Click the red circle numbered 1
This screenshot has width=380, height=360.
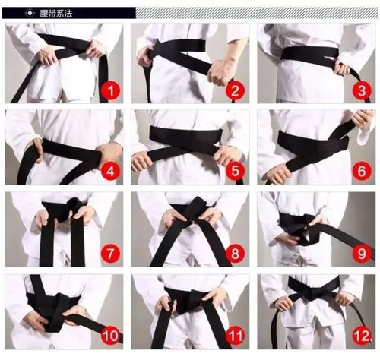click(110, 90)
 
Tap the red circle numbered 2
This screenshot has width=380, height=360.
click(235, 90)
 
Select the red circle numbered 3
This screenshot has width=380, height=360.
click(362, 90)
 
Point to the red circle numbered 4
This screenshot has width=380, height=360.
click(110, 172)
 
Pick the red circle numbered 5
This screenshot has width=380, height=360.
click(235, 171)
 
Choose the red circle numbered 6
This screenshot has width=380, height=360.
click(362, 171)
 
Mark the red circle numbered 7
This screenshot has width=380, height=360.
click(110, 253)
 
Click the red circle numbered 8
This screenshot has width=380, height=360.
click(235, 253)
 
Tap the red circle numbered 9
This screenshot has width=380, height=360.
click(362, 253)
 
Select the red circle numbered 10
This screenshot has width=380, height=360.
click(110, 336)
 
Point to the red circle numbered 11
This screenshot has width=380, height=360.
click(235, 336)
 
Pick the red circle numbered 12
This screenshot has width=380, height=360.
click(362, 336)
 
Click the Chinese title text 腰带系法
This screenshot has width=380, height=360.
click(56, 13)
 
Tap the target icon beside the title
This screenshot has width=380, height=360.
click(30, 13)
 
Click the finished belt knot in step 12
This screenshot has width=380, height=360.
click(313, 294)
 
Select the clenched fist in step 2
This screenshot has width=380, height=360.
click(218, 72)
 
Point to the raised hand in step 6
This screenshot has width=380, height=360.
click(363, 118)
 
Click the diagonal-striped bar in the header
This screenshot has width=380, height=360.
click(257, 13)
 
